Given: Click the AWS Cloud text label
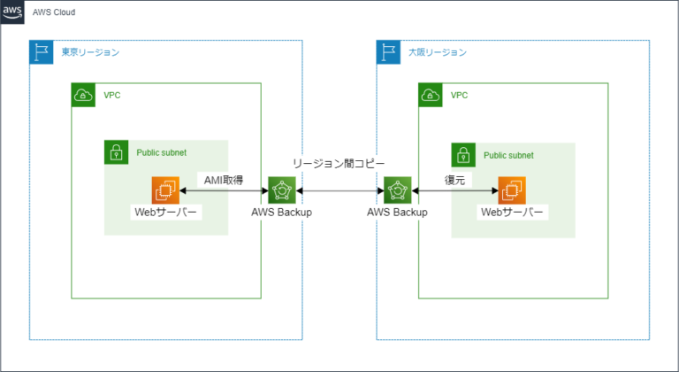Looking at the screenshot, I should [54, 14].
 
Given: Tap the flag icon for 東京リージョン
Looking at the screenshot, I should [41, 52].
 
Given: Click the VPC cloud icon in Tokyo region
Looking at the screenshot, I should [83, 95].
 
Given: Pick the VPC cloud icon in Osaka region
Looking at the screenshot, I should [431, 95].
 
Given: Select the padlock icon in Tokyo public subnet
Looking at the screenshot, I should [116, 151].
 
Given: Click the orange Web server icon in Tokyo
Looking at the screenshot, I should [165, 190].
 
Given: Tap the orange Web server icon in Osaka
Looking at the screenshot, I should [512, 190].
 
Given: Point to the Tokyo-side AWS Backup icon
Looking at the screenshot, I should [281, 190].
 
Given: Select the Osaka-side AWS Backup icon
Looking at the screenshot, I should [397, 190].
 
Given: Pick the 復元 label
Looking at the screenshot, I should [454, 179].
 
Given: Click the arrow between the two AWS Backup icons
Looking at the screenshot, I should [339, 190].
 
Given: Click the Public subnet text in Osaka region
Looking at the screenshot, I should [508, 155].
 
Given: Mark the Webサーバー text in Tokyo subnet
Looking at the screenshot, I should [165, 213].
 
